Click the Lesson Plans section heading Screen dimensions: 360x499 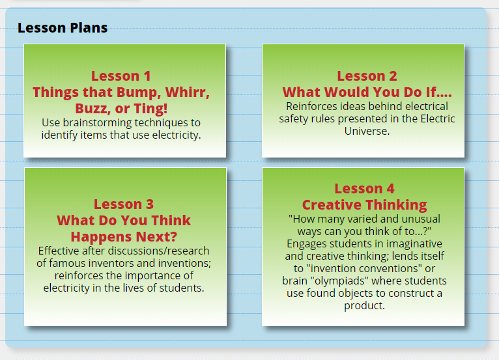click(63, 28)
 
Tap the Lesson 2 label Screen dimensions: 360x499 click(367, 76)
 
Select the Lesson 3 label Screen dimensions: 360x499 click(124, 204)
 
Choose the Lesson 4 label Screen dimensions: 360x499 click(364, 189)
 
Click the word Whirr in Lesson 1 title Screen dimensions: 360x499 click(183, 92)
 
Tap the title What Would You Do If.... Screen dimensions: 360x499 click(367, 92)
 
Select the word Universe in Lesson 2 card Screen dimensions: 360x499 click(367, 131)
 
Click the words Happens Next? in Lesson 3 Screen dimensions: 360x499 click(124, 236)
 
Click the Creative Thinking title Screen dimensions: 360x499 click(364, 204)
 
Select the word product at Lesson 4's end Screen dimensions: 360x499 click(364, 305)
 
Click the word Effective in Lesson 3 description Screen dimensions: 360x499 click(63, 251)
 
